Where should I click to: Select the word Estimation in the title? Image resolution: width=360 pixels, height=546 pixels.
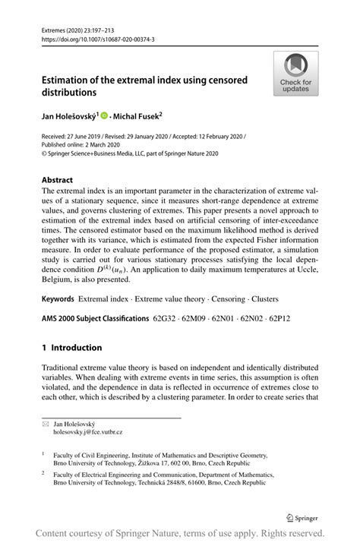tap(70, 80)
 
